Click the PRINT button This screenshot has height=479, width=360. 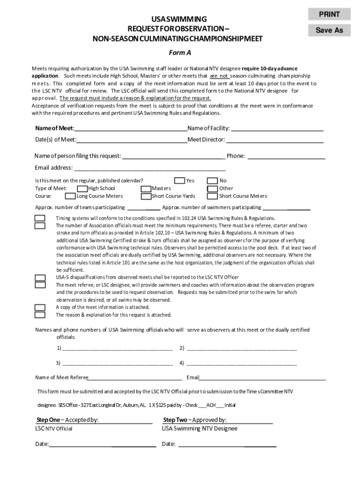[x=329, y=15]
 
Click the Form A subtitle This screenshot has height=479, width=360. [x=180, y=52]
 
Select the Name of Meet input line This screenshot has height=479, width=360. [x=130, y=129]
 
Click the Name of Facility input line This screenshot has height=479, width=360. [x=277, y=129]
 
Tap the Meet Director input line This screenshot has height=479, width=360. [x=274, y=140]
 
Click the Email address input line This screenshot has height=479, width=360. [x=150, y=168]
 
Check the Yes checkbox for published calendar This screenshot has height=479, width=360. [x=179, y=181]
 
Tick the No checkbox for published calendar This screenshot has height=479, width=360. [x=212, y=181]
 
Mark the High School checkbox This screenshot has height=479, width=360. [x=82, y=189]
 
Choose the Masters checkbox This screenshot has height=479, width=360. [x=146, y=189]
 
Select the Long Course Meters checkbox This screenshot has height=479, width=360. [x=70, y=196]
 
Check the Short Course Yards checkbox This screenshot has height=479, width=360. [x=146, y=196]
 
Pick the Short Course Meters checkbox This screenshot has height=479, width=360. [x=212, y=196]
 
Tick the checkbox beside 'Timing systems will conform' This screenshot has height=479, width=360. [x=40, y=218]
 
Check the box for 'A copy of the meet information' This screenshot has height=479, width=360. [x=40, y=307]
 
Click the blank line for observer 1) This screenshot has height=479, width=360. [x=117, y=348]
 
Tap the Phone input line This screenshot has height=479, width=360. [x=286, y=156]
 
